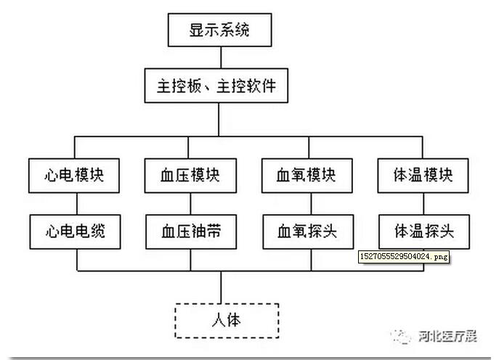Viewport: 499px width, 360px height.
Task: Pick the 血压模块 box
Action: click(190, 176)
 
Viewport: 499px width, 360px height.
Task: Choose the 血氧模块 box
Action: click(307, 176)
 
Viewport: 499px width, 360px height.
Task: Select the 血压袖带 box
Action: click(190, 232)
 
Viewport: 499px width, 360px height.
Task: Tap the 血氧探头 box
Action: click(307, 232)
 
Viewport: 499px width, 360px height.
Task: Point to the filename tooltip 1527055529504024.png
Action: click(404, 256)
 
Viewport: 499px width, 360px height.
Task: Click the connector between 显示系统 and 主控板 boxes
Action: click(219, 58)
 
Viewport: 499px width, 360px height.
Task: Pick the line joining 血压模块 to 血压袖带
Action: click(190, 203)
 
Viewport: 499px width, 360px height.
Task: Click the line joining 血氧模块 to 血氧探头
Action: click(307, 203)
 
